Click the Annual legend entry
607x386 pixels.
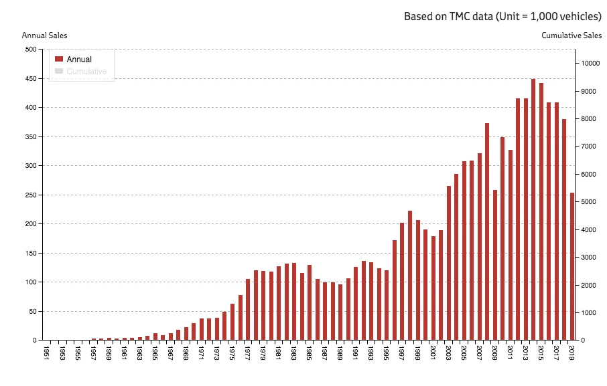click(x=79, y=60)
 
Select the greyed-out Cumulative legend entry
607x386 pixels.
click(x=86, y=72)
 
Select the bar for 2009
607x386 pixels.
click(x=495, y=265)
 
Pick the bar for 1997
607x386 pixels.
click(x=403, y=281)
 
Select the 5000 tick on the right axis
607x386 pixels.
click(x=588, y=202)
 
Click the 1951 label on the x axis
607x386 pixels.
click(x=46, y=352)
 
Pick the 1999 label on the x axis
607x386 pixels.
click(x=418, y=352)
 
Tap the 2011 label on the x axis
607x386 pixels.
click(x=511, y=352)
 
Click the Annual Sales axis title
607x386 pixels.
click(x=44, y=35)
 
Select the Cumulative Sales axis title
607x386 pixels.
click(x=571, y=35)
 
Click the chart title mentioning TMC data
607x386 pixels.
click(x=502, y=16)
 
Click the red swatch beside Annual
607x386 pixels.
click(x=58, y=60)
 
